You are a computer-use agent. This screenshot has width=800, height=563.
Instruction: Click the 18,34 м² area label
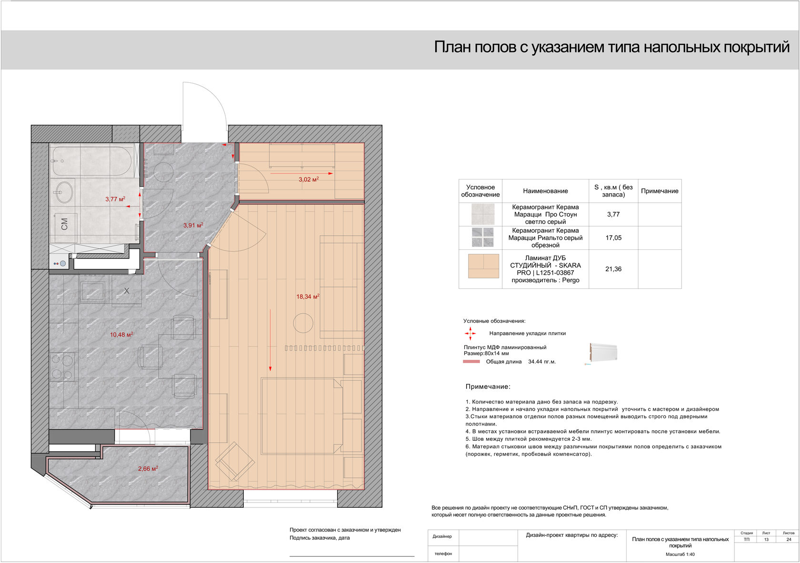pyautogui.click(x=308, y=296)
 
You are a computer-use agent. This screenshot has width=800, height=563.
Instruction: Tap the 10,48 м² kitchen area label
pyautogui.click(x=121, y=335)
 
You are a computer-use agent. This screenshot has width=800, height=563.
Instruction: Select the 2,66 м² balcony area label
pyautogui.click(x=148, y=468)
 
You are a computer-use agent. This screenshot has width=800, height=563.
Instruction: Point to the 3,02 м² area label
pyautogui.click(x=309, y=179)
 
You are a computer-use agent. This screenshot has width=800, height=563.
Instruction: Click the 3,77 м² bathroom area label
pyautogui.click(x=115, y=199)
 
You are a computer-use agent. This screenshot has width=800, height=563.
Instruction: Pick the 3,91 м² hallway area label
pyautogui.click(x=193, y=225)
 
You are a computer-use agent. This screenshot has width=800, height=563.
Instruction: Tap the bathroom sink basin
pyautogui.click(x=64, y=192)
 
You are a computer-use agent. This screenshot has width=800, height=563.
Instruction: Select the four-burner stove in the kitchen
pyautogui.click(x=62, y=366)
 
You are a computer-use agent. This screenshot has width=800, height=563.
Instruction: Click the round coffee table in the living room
pyautogui.click(x=303, y=323)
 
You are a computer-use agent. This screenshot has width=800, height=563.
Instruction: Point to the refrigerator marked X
pyautogui.click(x=127, y=291)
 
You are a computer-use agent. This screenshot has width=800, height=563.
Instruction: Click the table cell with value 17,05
pyautogui.click(x=613, y=238)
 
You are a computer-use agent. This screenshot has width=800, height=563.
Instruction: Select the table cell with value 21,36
pyautogui.click(x=613, y=269)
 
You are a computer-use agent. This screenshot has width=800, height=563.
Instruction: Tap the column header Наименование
pyautogui.click(x=545, y=191)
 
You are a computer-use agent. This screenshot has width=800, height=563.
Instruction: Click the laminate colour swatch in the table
pyautogui.click(x=484, y=266)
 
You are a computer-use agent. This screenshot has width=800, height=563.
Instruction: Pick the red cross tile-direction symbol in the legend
pyautogui.click(x=470, y=334)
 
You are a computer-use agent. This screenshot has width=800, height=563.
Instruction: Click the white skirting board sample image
pyautogui.click(x=603, y=353)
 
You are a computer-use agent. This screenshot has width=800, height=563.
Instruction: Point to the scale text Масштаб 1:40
pyautogui.click(x=680, y=554)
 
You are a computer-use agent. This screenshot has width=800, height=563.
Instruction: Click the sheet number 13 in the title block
pyautogui.click(x=766, y=539)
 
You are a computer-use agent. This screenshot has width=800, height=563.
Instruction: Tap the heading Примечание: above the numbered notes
pyautogui.click(x=488, y=386)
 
